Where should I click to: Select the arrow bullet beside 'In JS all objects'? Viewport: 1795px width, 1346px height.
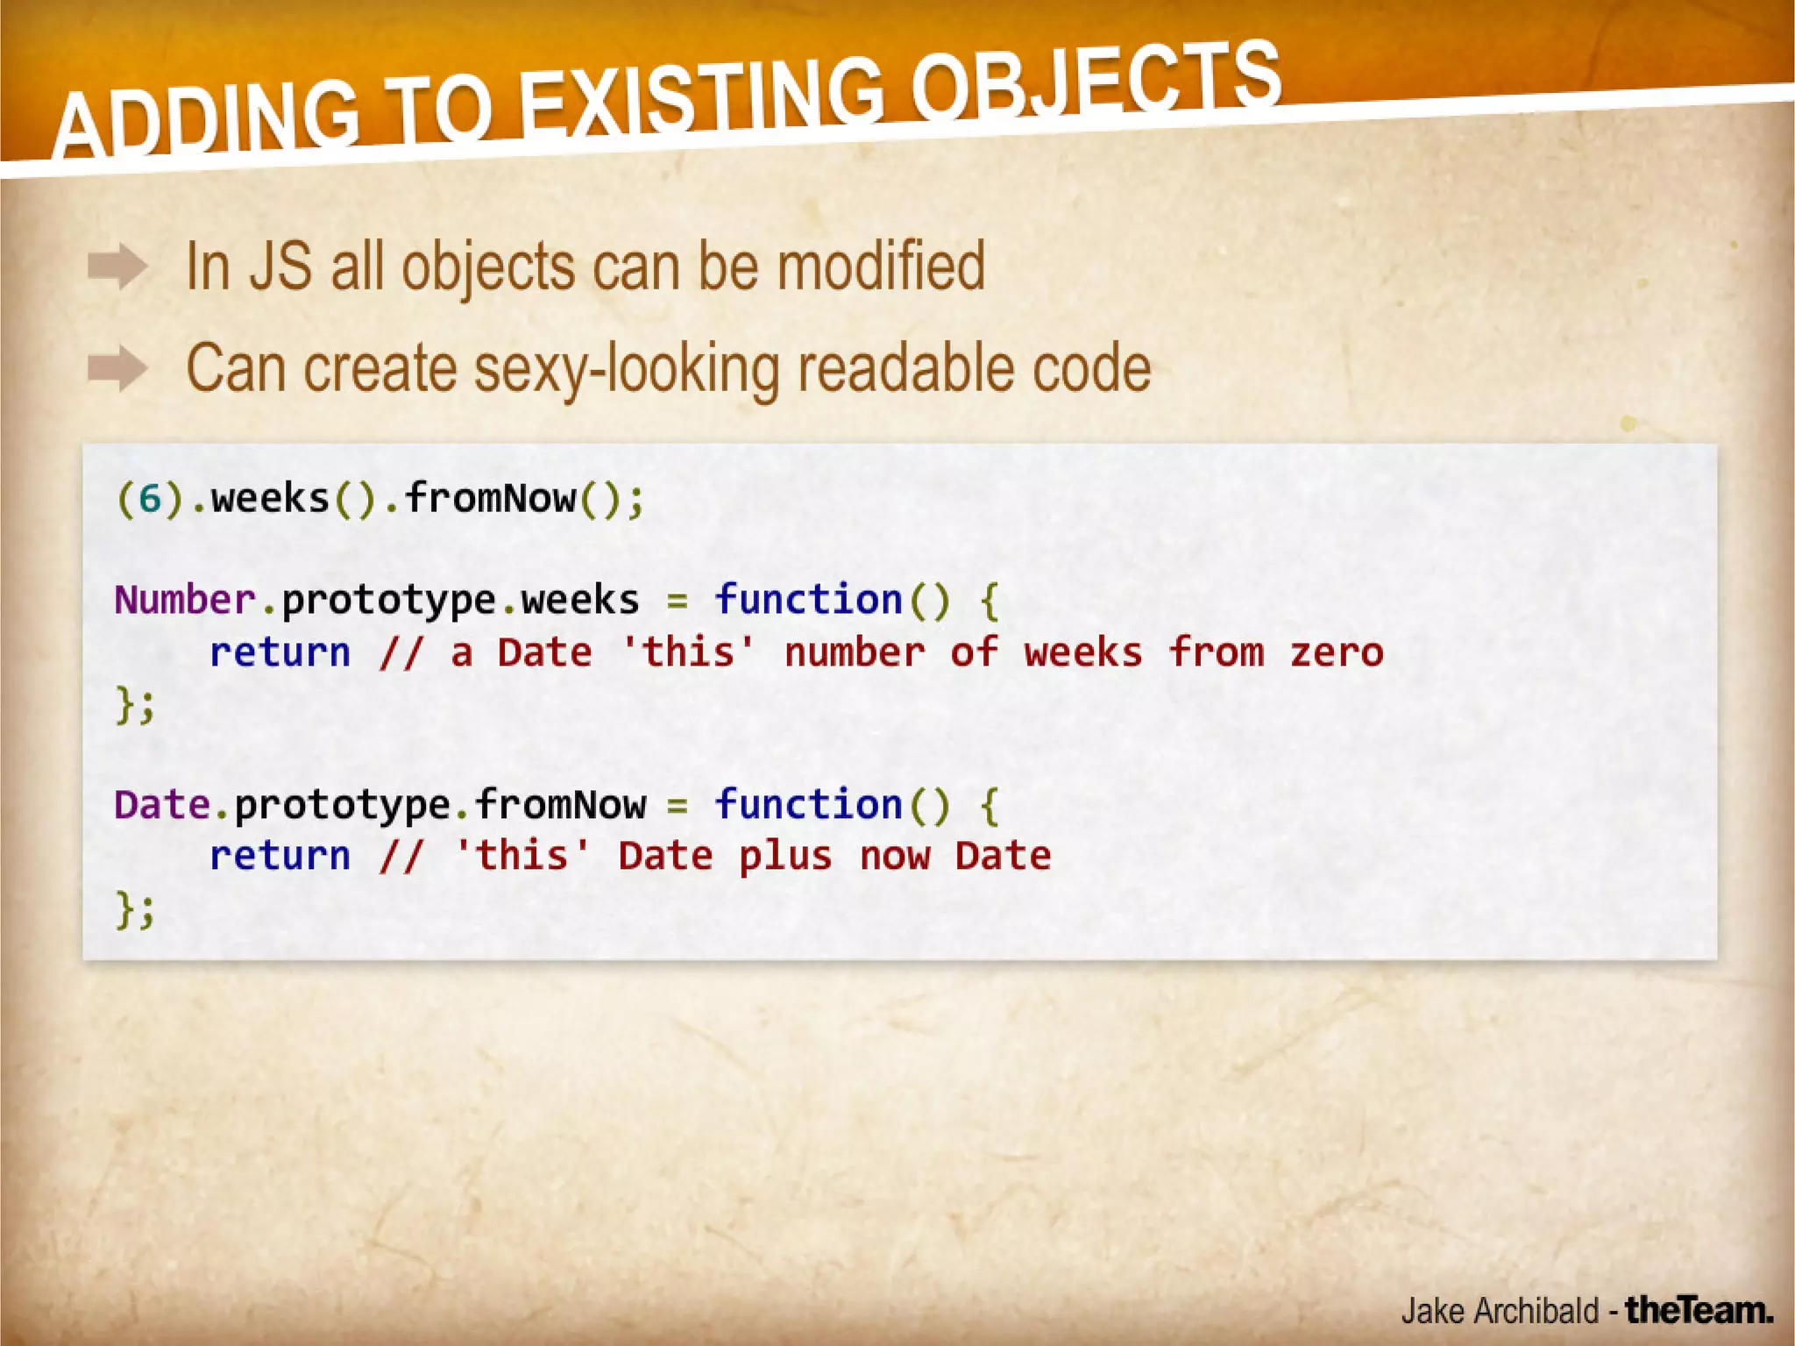pyautogui.click(x=117, y=267)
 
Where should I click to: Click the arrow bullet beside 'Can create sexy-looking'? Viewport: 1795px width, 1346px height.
pyautogui.click(x=117, y=368)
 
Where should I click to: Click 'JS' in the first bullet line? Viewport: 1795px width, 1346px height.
pyautogui.click(x=280, y=267)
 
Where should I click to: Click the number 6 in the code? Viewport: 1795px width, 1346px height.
pyautogui.click(x=151, y=500)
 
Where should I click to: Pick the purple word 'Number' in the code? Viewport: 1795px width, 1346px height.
pyautogui.click(x=185, y=601)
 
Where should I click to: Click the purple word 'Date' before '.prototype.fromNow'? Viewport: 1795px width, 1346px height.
pyautogui.click(x=161, y=805)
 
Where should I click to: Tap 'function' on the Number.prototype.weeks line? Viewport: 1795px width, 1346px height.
pyautogui.click(x=807, y=601)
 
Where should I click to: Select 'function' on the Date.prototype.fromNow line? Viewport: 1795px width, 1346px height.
pyautogui.click(x=807, y=805)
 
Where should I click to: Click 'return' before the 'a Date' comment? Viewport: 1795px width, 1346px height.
pyautogui.click(x=280, y=653)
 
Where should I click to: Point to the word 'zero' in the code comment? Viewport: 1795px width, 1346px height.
pyautogui.click(x=1336, y=653)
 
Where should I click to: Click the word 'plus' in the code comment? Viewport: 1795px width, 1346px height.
pyautogui.click(x=784, y=857)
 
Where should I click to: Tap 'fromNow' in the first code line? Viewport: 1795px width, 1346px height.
pyautogui.click(x=490, y=500)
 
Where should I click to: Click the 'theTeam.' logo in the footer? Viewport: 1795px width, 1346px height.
pyautogui.click(x=1699, y=1310)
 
